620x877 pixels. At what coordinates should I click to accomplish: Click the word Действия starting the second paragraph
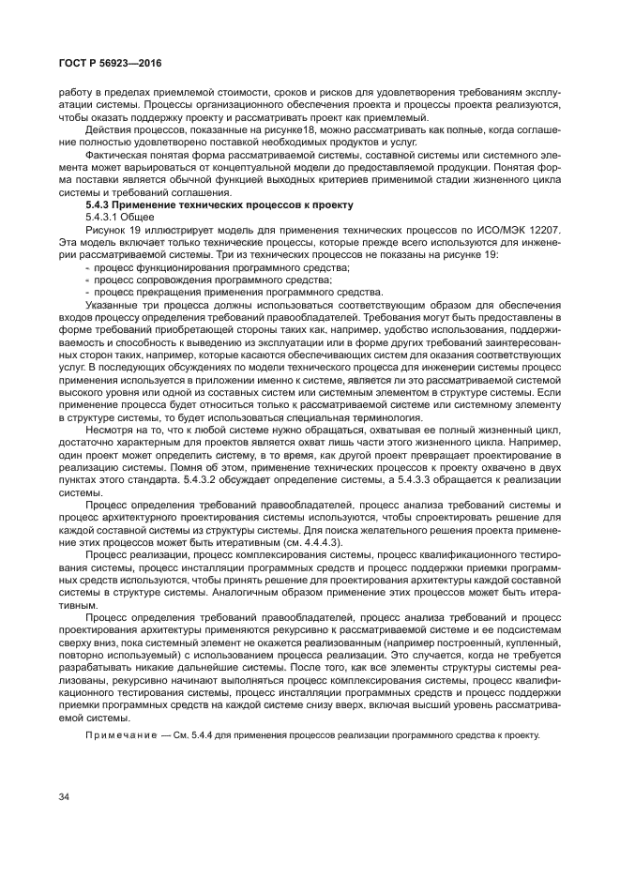point(110,129)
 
